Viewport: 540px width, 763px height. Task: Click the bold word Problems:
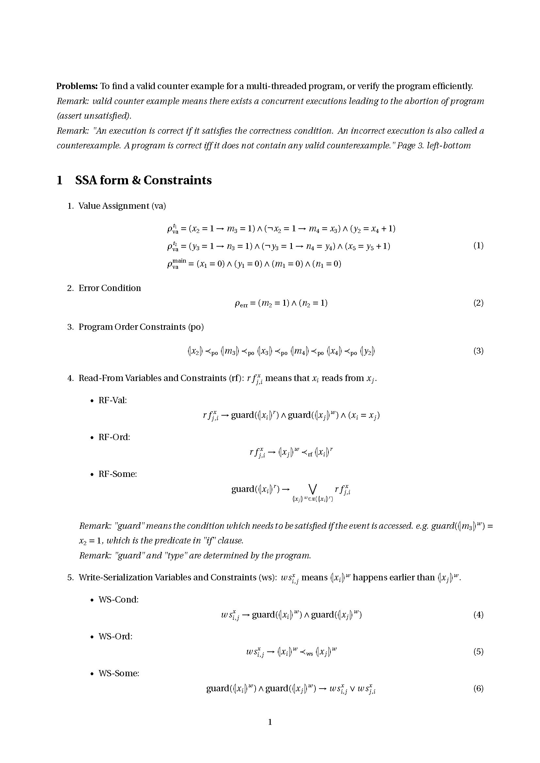pyautogui.click(x=77, y=86)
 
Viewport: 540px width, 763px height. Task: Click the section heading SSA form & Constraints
pyautogui.click(x=143, y=180)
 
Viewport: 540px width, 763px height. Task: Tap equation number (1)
pyautogui.click(x=478, y=246)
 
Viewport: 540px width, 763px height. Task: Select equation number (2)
pyautogui.click(x=478, y=303)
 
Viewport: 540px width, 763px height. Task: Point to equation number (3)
pyautogui.click(x=478, y=351)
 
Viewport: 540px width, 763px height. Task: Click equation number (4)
pyautogui.click(x=478, y=615)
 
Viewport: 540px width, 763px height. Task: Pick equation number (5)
pyautogui.click(x=478, y=652)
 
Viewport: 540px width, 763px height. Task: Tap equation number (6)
pyautogui.click(x=478, y=689)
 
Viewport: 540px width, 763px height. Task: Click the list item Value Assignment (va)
pyautogui.click(x=122, y=206)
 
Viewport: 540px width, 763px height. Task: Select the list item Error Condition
pyautogui.click(x=109, y=288)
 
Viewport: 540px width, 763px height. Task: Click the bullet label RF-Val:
pyautogui.click(x=113, y=400)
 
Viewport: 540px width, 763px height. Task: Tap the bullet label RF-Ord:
pyautogui.click(x=114, y=437)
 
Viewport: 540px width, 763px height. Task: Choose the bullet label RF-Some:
pyautogui.click(x=118, y=474)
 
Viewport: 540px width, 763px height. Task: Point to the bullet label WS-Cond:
pyautogui.click(x=119, y=600)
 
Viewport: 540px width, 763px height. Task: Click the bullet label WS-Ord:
pyautogui.click(x=115, y=636)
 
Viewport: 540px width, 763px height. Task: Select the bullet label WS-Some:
pyautogui.click(x=119, y=673)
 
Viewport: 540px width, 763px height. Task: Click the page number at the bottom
pyautogui.click(x=270, y=722)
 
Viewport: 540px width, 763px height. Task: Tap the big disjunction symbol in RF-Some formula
pyautogui.click(x=312, y=489)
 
